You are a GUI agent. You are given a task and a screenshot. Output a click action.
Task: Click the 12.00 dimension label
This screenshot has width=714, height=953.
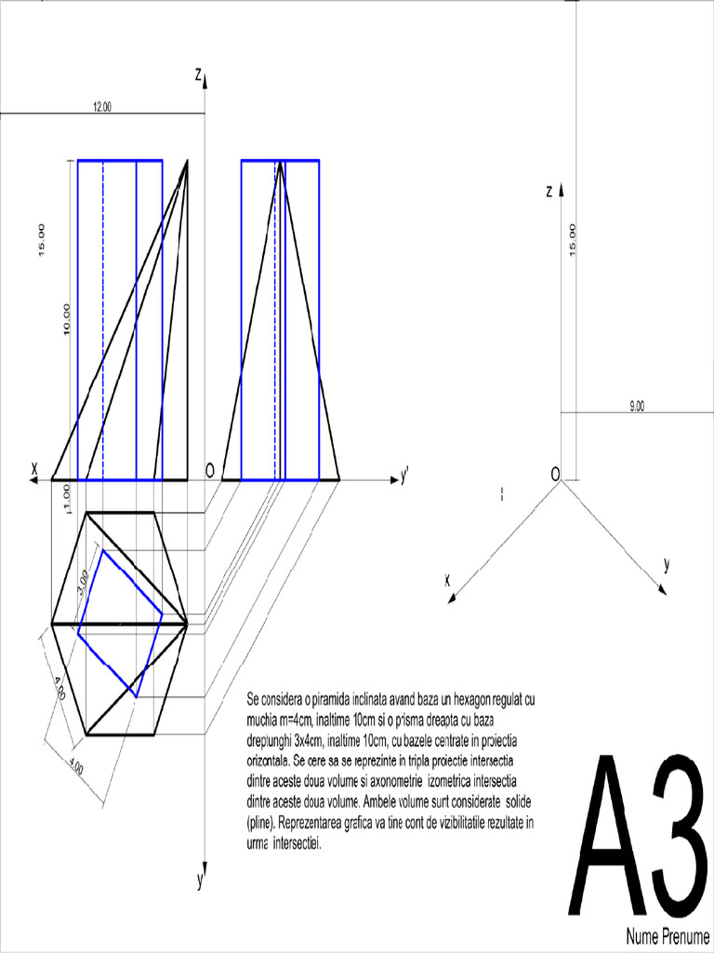[x=102, y=107]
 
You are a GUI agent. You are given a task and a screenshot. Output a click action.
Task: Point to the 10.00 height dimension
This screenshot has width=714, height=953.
[x=67, y=319]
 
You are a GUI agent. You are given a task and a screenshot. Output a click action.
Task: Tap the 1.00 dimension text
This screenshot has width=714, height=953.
[x=66, y=493]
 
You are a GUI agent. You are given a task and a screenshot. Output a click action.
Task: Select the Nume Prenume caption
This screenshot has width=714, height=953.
[x=667, y=934]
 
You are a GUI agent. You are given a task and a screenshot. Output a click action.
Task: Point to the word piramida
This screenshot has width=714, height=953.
[x=332, y=698]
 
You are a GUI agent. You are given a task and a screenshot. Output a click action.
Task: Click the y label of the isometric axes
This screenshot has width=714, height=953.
[x=667, y=564]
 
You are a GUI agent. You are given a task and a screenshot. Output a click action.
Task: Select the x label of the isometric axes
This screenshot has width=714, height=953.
[x=447, y=580]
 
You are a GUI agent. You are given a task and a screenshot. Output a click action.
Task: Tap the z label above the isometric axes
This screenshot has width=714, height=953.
[x=549, y=192]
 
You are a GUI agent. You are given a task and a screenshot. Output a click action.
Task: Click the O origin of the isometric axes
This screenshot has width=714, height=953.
[x=555, y=474]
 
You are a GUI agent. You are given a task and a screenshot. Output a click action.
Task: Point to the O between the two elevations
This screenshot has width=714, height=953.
[x=210, y=471]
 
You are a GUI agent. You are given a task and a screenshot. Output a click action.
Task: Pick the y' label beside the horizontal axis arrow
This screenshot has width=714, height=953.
[x=404, y=477]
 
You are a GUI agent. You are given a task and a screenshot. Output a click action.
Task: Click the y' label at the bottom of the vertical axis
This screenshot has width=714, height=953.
[x=200, y=881]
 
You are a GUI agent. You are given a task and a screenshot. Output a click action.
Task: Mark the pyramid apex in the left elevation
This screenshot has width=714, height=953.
[x=188, y=161]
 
